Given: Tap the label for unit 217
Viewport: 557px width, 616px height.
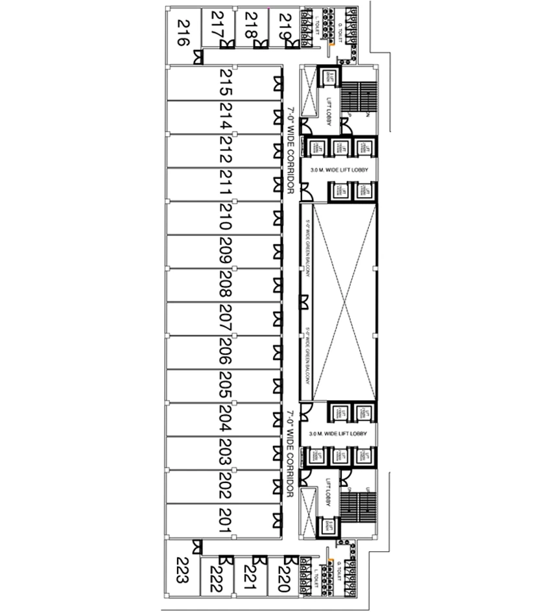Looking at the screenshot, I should coord(217,27).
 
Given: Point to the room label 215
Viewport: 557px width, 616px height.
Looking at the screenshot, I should coord(225,82).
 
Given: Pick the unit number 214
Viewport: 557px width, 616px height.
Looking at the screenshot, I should coord(225,117).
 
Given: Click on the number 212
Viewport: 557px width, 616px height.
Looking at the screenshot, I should coord(225,150).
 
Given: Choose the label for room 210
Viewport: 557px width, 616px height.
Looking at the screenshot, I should coord(225,217).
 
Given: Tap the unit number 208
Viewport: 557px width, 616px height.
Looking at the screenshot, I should coord(225,284).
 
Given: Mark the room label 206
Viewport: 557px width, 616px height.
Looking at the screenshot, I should coord(225,351).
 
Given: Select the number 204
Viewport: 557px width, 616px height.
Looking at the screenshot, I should coord(225,419).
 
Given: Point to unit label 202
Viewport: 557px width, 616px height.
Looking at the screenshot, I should coord(225,486).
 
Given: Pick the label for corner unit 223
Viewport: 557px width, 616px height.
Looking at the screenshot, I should coord(182,570).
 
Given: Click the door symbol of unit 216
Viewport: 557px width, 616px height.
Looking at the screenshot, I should coord(197,58).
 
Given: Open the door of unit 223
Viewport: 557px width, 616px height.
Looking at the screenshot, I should coord(197,547).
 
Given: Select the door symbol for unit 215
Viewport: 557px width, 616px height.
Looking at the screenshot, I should coord(278,82).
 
